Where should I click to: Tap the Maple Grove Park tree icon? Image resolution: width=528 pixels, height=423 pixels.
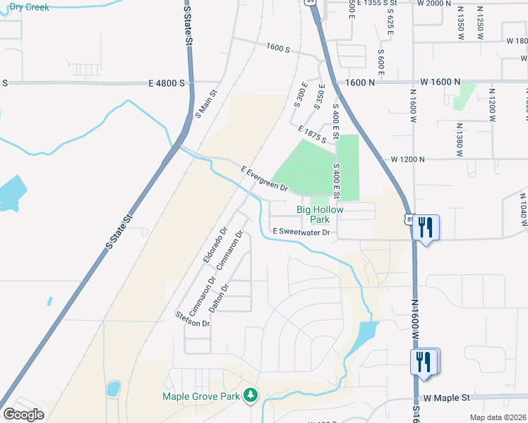[249, 396]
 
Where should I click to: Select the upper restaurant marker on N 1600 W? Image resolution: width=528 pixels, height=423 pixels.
[425, 227]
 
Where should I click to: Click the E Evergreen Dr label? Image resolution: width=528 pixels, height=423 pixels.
[264, 179]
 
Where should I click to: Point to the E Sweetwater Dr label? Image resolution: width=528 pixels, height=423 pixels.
[301, 232]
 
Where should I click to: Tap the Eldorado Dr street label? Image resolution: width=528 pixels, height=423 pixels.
[215, 245]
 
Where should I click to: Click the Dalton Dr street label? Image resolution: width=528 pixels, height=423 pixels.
[220, 298]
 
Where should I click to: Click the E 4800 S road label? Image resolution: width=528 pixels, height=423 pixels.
[167, 83]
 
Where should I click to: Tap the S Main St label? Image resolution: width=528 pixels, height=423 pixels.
[207, 102]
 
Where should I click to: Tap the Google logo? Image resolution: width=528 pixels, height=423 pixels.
[23, 415]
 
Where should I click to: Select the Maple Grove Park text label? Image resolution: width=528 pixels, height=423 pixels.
[201, 397]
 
